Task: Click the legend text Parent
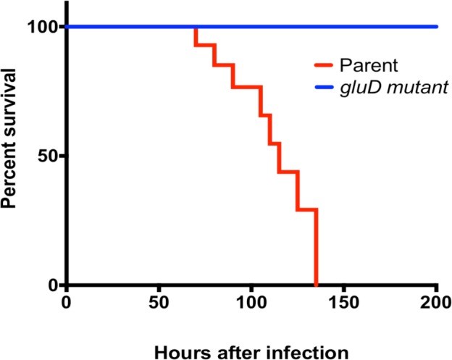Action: click(371, 66)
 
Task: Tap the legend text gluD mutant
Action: click(395, 88)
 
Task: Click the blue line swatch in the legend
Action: click(327, 88)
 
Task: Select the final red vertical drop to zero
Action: click(316, 246)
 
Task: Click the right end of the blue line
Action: click(437, 27)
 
